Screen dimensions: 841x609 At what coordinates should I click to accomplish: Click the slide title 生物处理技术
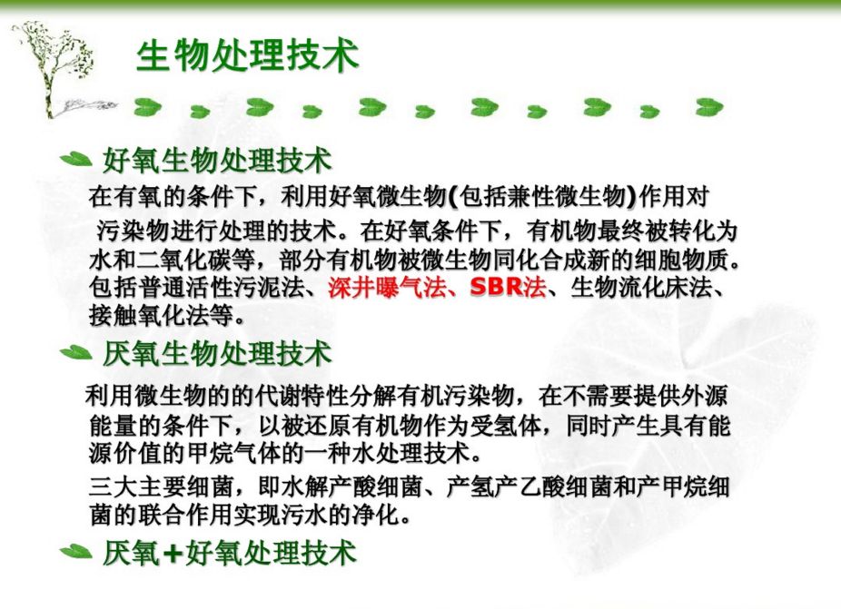tap(247, 55)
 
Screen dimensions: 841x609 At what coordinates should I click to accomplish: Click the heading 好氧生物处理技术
tap(217, 161)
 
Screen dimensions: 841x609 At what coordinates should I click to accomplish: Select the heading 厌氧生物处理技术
tap(217, 354)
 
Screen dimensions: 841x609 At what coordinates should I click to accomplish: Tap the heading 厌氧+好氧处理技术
tap(229, 553)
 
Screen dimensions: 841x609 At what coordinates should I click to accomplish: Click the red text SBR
tap(496, 288)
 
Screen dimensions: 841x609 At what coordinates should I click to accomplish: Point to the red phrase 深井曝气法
tap(387, 288)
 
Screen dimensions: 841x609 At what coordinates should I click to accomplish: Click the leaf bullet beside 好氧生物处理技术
tap(75, 160)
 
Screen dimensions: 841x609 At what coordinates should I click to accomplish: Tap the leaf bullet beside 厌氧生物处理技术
tap(75, 353)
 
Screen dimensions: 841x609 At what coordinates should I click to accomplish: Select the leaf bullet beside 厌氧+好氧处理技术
tap(75, 551)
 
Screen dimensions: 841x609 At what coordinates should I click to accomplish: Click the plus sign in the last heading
tap(173, 554)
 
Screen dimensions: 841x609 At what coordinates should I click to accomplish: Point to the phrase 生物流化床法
tap(641, 288)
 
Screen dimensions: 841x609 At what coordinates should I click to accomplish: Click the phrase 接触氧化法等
tap(161, 315)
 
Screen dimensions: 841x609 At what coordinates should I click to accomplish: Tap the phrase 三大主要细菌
tap(161, 486)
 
